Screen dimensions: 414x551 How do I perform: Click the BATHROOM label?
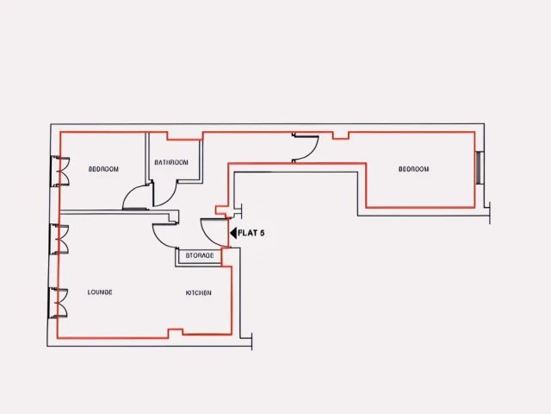coord(171,162)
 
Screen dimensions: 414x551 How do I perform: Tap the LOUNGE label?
coord(101,292)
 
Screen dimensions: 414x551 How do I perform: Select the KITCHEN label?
coord(198,293)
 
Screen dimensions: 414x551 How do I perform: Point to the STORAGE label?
coord(200,256)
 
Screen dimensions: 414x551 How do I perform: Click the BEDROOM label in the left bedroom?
coord(104,169)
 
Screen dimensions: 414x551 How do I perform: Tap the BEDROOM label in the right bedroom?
coord(413,169)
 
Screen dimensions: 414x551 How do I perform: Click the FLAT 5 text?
coord(251,233)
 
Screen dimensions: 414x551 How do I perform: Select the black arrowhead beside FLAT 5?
coord(233,233)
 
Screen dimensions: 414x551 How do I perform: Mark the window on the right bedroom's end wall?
coord(480,166)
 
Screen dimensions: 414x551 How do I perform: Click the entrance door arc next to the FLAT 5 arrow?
coord(213,231)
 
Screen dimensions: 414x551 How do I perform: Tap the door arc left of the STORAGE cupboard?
coord(164,235)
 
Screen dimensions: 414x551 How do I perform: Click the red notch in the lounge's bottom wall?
coord(176,332)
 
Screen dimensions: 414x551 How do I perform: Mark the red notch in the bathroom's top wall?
coord(183,135)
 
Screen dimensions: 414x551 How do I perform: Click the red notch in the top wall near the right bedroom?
coord(341,135)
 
